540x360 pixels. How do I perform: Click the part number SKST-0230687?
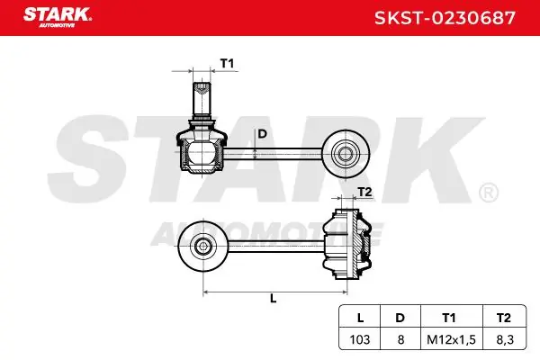pyautogui.click(x=445, y=18)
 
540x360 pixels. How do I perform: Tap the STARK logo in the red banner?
pyautogui.click(x=58, y=17)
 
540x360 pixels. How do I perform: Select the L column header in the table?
pyautogui.click(x=360, y=318)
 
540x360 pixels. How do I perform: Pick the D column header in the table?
pyautogui.click(x=400, y=318)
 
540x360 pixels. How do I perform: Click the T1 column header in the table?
pyautogui.click(x=449, y=318)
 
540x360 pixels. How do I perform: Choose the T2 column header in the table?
pyautogui.click(x=503, y=318)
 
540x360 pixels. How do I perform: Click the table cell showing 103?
pyautogui.click(x=360, y=339)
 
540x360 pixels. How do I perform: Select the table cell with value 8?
pyautogui.click(x=400, y=339)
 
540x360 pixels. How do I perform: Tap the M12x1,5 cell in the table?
pyautogui.click(x=451, y=339)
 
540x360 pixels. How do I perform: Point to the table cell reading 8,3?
pyautogui.click(x=505, y=339)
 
